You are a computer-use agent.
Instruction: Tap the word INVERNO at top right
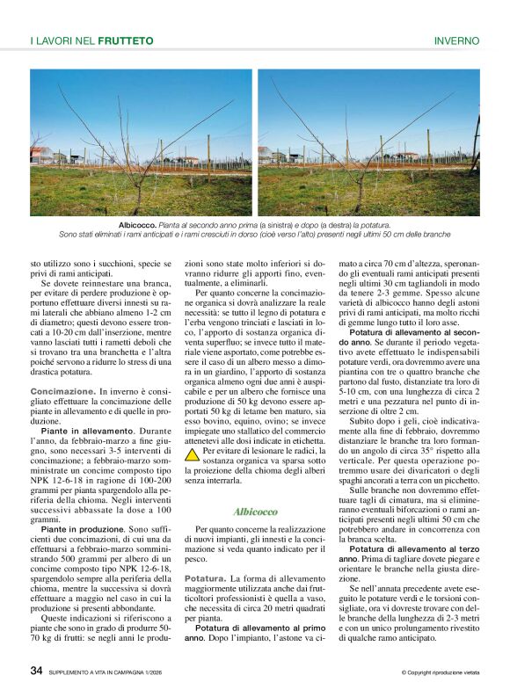[456, 40]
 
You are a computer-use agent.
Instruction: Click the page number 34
[36, 672]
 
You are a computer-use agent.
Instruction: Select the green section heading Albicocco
[255, 511]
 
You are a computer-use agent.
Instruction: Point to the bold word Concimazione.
[62, 390]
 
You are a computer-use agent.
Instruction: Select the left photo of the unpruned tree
[141, 142]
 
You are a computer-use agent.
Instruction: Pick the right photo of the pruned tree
[368, 142]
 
